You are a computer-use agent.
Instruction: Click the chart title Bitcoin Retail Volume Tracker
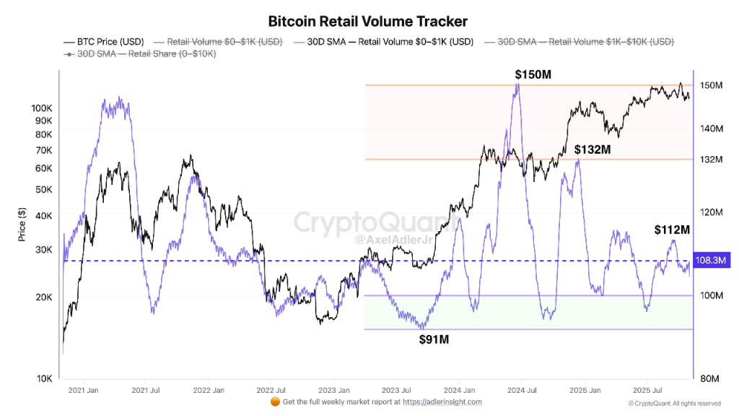pos(368,22)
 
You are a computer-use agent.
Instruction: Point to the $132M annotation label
pos(592,149)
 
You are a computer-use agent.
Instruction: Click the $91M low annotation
pos(434,339)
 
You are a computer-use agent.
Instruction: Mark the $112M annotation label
pos(672,230)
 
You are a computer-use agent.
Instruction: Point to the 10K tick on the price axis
pos(45,378)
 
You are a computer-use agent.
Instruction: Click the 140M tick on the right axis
pos(712,129)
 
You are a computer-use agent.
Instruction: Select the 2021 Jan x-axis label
pos(84,391)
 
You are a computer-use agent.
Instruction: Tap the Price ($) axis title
pos(22,224)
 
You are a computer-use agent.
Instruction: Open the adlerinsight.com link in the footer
pos(442,402)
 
